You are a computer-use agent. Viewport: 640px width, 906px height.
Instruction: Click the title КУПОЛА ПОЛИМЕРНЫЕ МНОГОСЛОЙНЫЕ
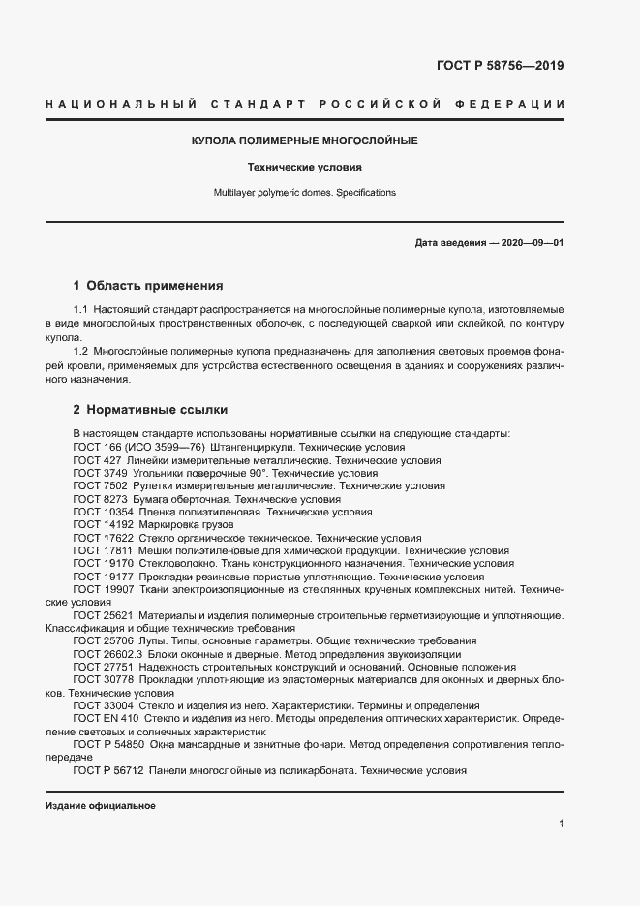point(305,141)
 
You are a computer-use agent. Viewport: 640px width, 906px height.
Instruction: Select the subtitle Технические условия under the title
point(305,167)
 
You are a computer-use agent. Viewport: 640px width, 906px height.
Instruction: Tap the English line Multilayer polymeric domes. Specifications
point(305,193)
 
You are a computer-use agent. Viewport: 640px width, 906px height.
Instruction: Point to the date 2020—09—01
point(532,242)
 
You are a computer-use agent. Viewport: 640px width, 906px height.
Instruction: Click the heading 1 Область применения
point(148,286)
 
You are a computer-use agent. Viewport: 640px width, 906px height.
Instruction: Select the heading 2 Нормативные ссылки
point(150,410)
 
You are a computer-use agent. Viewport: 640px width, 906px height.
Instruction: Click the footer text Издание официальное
point(100,807)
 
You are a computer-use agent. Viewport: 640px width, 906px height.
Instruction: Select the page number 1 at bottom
point(561,824)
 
